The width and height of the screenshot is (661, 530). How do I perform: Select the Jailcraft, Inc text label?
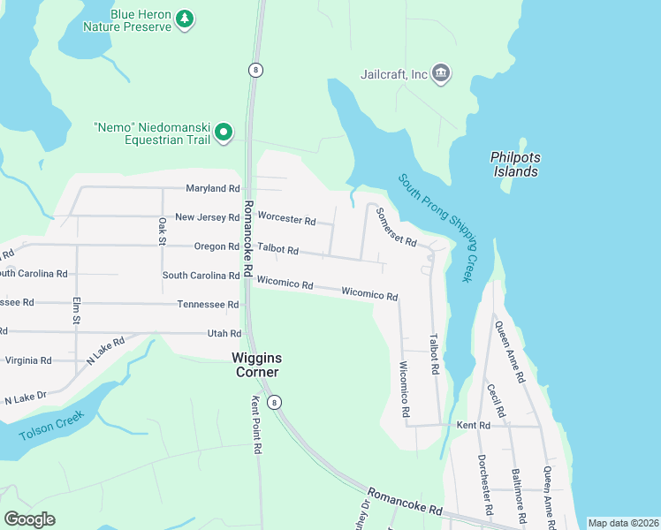[x=394, y=74]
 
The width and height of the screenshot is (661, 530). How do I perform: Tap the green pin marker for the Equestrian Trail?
[x=224, y=133]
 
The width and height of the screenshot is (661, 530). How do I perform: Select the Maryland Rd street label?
[x=213, y=189]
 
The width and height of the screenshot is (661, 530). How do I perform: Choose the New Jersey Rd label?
[x=208, y=217]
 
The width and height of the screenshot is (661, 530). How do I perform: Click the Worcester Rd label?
[x=286, y=219]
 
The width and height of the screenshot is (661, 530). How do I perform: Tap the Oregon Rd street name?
[x=217, y=246]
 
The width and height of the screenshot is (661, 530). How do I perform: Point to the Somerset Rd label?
[x=396, y=227]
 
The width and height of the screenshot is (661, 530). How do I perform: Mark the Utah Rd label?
[x=224, y=333]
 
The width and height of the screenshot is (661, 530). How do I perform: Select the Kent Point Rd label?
[x=257, y=436]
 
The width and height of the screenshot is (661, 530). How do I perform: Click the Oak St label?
[x=163, y=231]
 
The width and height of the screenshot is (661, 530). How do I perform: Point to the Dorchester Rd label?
[x=484, y=485]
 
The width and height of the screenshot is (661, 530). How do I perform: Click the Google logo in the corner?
[x=29, y=519]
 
